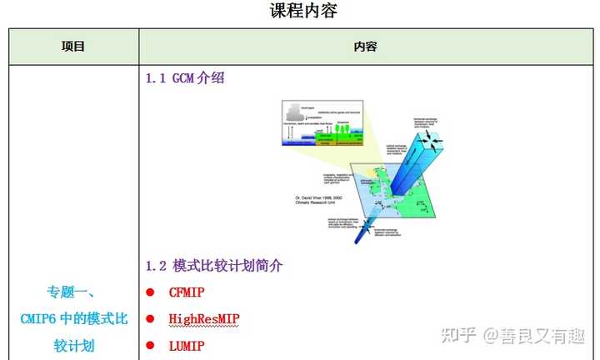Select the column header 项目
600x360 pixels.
(73, 47)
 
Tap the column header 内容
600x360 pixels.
(366, 47)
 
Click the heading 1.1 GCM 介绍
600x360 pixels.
(185, 79)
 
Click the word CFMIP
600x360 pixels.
(186, 292)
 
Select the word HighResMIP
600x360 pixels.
(203, 318)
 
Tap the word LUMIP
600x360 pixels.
(186, 345)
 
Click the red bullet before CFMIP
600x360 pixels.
(151, 292)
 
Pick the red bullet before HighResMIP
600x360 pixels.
(151, 319)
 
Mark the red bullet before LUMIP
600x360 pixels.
(151, 345)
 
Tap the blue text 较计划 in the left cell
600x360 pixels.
(73, 345)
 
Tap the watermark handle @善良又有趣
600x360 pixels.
(532, 335)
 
